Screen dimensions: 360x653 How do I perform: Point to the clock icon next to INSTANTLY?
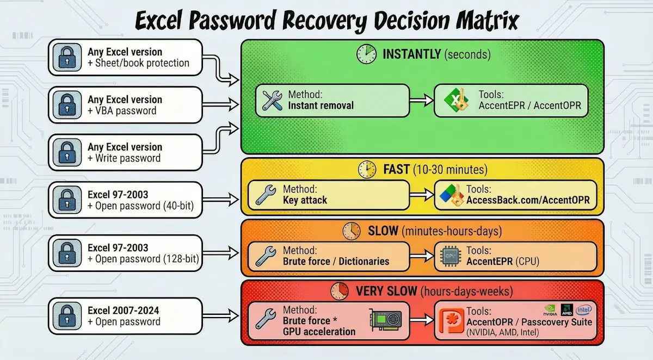click(366, 54)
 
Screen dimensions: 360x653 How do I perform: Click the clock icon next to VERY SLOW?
click(338, 291)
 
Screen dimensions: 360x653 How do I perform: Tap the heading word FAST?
click(396, 170)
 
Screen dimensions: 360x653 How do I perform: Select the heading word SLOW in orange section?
click(384, 232)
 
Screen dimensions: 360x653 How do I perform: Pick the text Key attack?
click(305, 200)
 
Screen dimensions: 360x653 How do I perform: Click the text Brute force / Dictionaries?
click(336, 262)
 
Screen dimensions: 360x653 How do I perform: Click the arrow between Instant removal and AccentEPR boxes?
click(421, 100)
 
